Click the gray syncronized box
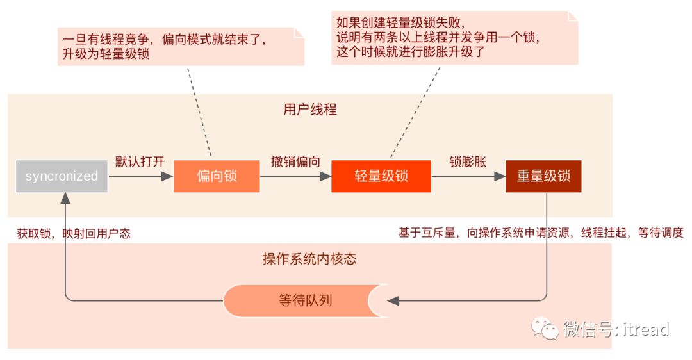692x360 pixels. (x=62, y=176)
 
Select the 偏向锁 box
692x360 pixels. (x=217, y=176)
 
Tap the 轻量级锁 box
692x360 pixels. (x=381, y=176)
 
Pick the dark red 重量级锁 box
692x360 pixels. (x=543, y=176)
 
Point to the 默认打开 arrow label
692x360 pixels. (x=140, y=161)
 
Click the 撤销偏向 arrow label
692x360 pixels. (x=295, y=161)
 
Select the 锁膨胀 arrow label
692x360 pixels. (x=468, y=161)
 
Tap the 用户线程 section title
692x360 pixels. (x=309, y=110)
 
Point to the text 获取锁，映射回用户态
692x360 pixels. (x=74, y=234)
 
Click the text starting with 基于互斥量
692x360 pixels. (x=541, y=233)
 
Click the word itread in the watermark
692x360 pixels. (x=645, y=329)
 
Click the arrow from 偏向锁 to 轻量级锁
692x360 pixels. (x=295, y=176)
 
